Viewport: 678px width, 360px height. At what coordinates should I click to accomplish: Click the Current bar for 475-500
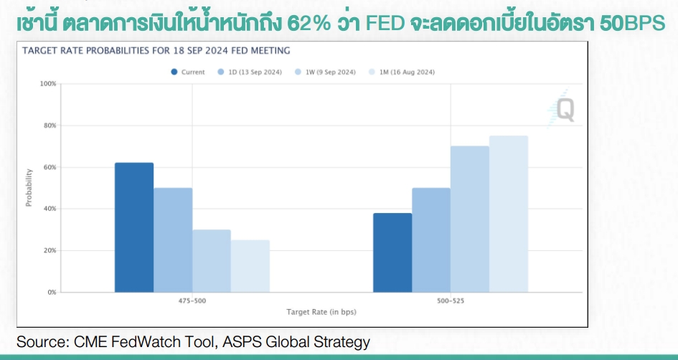134,227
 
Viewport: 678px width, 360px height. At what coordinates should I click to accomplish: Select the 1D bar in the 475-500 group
173,240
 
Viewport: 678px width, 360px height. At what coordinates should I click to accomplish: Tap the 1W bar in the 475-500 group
212,261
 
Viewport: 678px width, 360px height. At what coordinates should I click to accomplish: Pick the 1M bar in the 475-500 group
250,266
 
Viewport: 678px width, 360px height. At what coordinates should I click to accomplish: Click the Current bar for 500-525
392,252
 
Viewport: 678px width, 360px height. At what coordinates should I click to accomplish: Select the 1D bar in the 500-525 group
431,240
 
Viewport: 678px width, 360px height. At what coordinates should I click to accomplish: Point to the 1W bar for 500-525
470,219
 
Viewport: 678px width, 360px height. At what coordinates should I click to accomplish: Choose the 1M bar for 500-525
509,214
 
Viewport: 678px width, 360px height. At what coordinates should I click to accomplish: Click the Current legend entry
188,72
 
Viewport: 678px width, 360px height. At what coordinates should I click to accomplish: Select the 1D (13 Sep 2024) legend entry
250,72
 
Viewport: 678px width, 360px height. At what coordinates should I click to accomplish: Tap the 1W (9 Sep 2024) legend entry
325,72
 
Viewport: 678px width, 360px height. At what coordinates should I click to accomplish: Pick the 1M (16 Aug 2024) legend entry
401,72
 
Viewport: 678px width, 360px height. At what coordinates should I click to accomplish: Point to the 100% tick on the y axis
48,83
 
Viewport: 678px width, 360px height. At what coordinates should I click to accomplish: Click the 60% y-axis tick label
50,167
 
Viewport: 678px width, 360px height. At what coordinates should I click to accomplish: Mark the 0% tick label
52,292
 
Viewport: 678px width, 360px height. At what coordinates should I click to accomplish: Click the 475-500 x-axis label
192,300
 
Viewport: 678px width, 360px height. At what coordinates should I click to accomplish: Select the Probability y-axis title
29,188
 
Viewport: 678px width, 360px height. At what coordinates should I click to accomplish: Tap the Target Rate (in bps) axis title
321,312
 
